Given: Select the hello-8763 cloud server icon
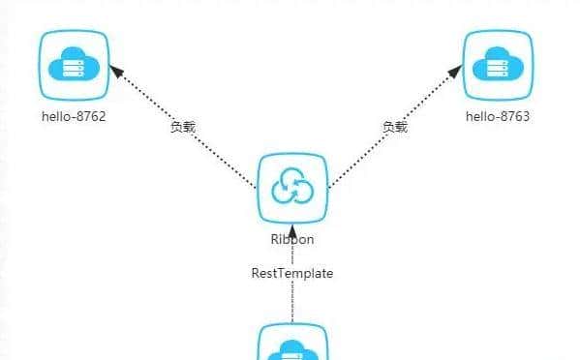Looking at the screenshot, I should click(499, 65).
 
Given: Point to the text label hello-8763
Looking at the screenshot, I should click(499, 117).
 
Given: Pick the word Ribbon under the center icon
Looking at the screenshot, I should click(292, 238).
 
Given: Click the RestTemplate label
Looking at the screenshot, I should click(292, 273).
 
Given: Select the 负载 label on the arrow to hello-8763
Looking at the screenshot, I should click(394, 127).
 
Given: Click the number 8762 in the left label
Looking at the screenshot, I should click(90, 117).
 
